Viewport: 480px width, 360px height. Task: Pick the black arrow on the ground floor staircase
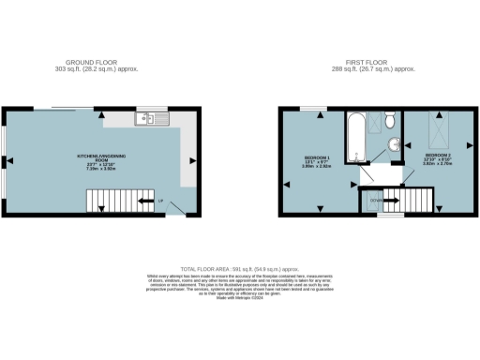tap(145, 199)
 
